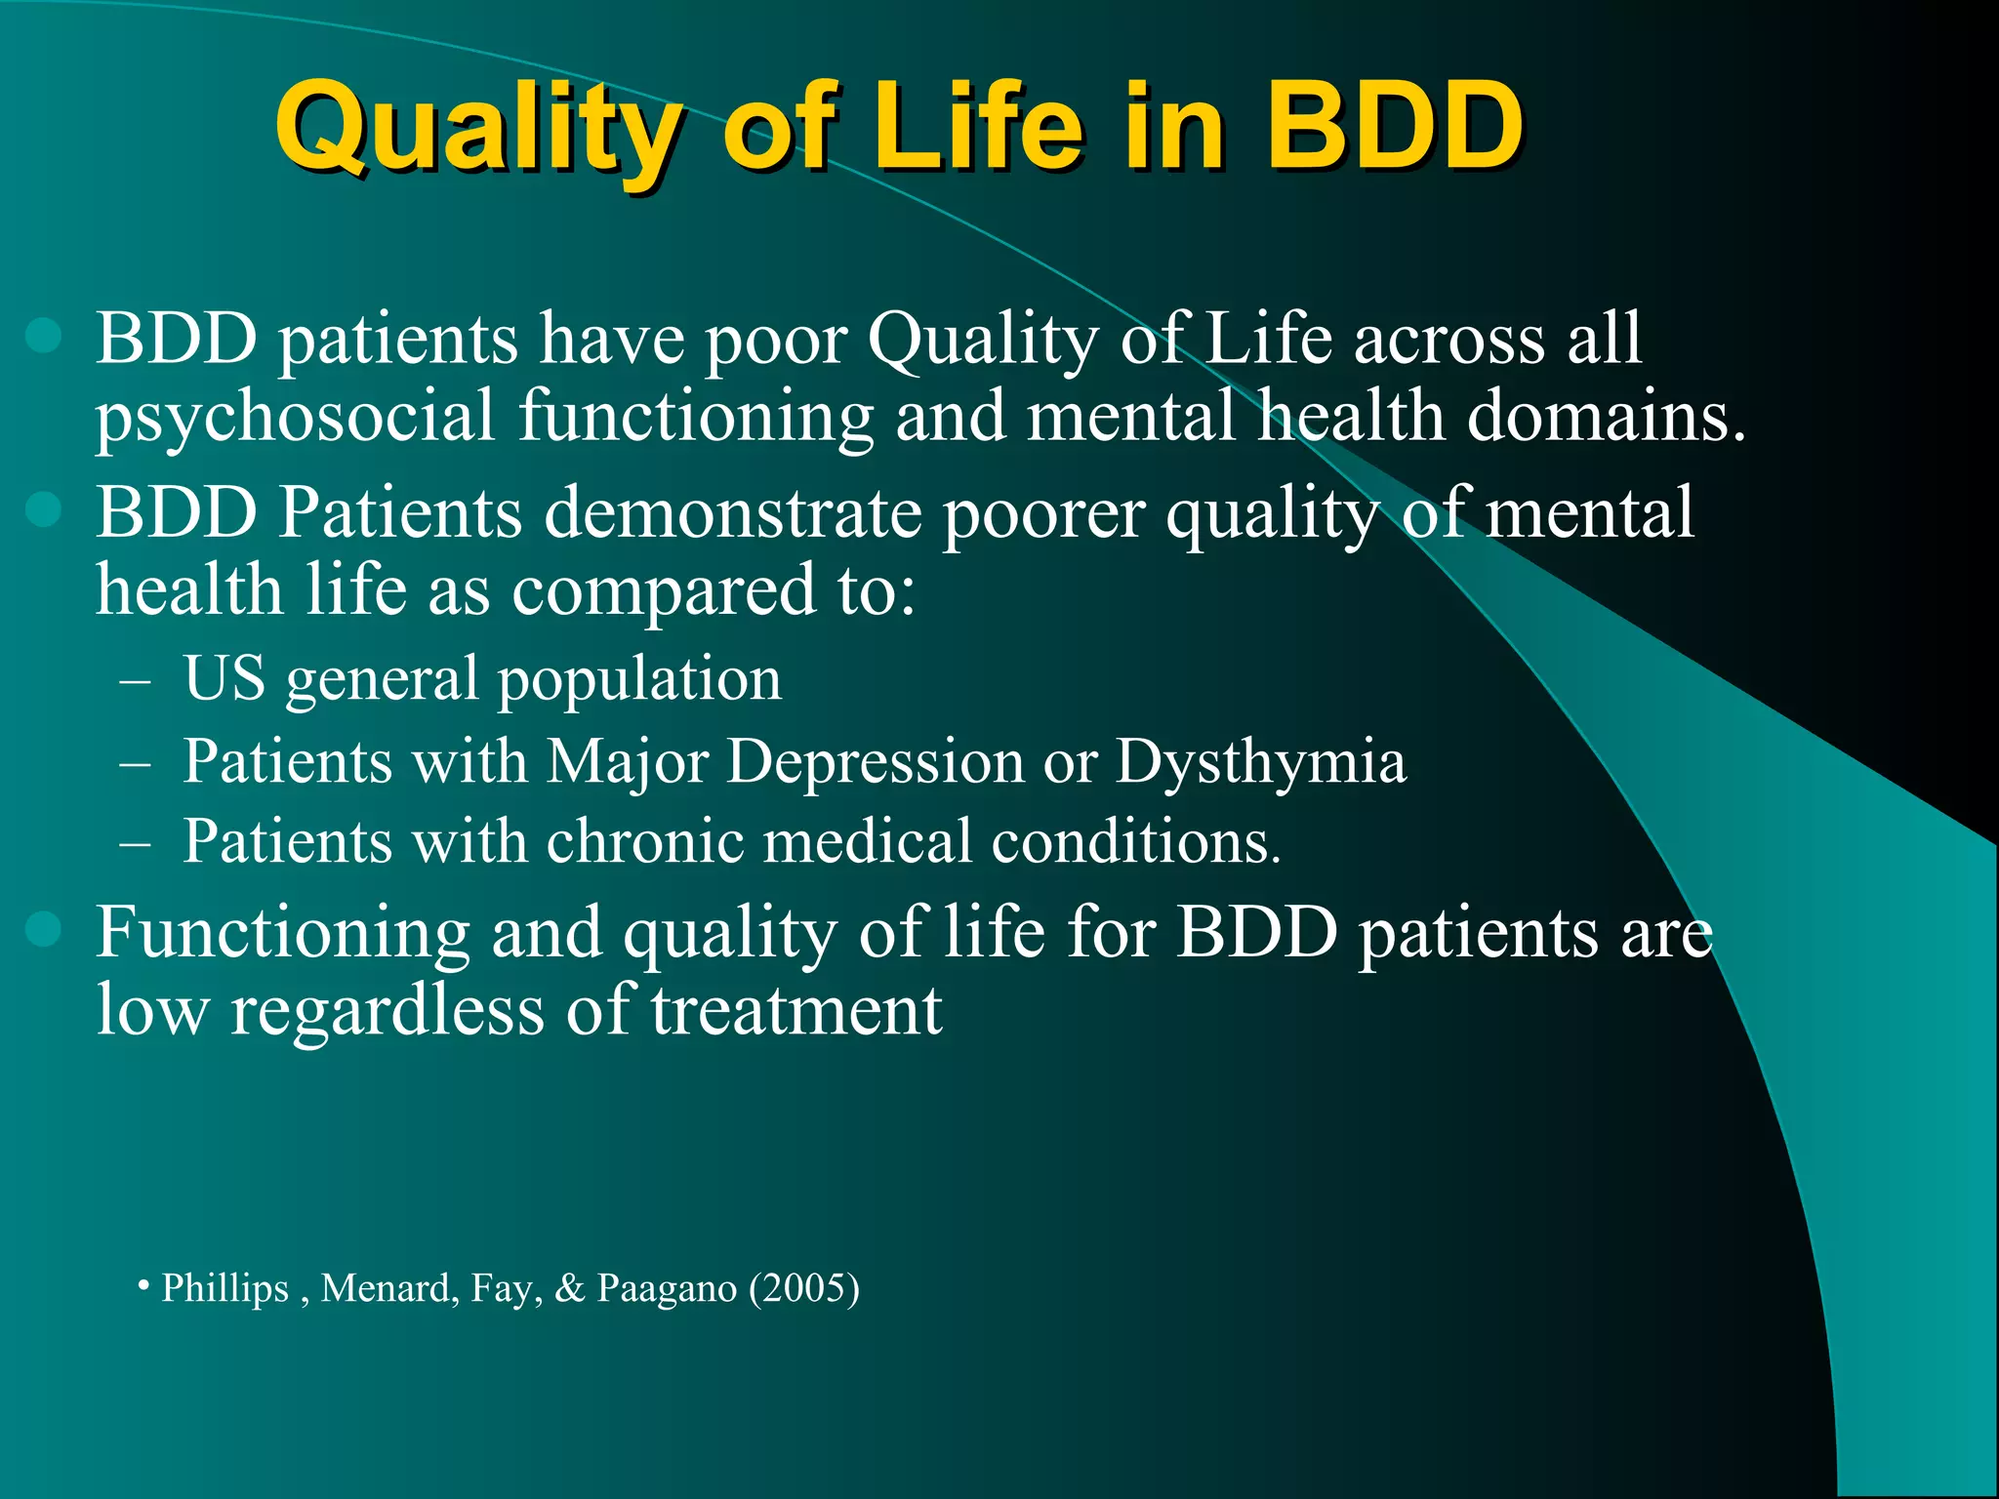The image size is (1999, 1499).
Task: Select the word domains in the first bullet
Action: pos(1606,416)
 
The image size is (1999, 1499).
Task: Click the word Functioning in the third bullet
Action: pos(283,933)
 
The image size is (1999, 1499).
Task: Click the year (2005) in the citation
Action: pos(804,1288)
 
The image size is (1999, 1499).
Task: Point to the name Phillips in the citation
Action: pos(225,1288)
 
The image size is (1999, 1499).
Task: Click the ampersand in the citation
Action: pos(569,1288)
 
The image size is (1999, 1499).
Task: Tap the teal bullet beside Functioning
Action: pos(44,929)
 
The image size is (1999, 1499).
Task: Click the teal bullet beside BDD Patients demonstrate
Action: pos(44,508)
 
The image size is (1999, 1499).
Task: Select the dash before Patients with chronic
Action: pos(135,843)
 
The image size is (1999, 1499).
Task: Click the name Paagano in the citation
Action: pos(667,1288)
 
